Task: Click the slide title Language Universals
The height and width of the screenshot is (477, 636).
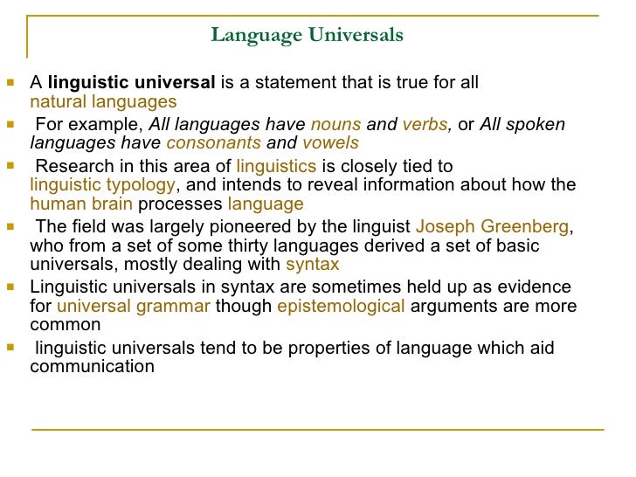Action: click(307, 35)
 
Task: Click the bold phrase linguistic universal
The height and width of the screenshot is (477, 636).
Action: click(131, 83)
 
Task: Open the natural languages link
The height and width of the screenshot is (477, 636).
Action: click(103, 102)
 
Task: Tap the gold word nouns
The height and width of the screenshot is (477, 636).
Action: click(329, 125)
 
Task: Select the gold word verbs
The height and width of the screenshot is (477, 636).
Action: click(425, 125)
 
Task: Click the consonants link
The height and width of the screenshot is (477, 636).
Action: click(213, 143)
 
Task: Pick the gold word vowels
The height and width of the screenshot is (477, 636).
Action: click(330, 143)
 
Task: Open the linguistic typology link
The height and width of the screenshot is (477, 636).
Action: click(103, 185)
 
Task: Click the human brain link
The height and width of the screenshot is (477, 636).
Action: click(81, 204)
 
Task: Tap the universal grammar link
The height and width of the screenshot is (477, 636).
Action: click(134, 307)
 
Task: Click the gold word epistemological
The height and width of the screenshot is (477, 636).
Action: click(341, 307)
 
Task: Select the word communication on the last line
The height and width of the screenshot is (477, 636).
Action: click(93, 366)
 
